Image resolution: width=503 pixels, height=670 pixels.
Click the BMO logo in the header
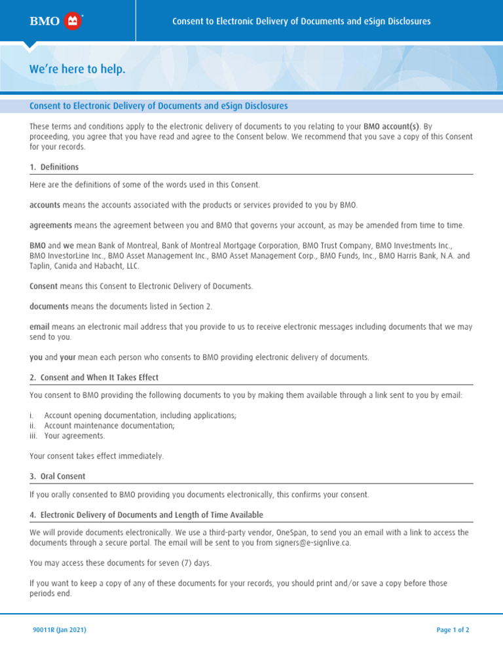point(55,22)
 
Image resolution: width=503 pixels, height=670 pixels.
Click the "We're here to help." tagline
point(77,69)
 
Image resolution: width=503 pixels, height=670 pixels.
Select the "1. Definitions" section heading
point(54,167)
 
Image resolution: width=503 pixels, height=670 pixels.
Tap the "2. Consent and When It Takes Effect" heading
point(94,378)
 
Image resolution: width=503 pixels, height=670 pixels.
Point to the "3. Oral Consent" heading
point(58,476)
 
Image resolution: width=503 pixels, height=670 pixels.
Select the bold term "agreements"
point(50,225)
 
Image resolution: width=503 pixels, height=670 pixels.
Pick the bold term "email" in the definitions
point(39,326)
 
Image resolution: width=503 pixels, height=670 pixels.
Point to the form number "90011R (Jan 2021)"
point(60,630)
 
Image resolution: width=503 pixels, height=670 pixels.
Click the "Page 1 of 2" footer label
point(453,630)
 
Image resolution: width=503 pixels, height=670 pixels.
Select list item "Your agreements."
point(74,436)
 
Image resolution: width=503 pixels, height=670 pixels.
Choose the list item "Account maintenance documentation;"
point(109,426)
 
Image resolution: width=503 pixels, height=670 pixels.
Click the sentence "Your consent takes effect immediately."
point(96,456)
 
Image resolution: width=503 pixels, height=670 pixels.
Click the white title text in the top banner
point(301,22)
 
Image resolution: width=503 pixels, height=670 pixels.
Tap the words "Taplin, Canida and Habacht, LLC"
point(84,266)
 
